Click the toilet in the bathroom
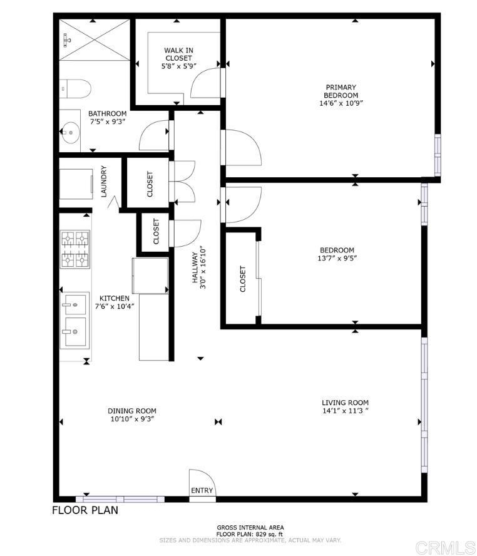tap(75, 89)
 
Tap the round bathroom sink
tap(71, 133)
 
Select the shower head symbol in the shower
tap(66, 40)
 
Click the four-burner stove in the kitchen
tap(74, 249)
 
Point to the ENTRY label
tap(202, 490)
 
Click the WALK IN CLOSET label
tap(178, 54)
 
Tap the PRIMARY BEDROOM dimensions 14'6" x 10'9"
tap(341, 103)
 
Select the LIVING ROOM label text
tap(345, 403)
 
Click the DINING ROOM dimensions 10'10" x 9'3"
tap(132, 419)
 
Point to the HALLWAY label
tap(195, 267)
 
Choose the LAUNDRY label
tap(104, 181)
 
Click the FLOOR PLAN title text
tap(85, 510)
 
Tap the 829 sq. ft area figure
tap(269, 534)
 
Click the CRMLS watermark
tap(446, 548)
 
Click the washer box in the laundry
tap(76, 184)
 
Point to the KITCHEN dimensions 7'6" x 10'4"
tap(115, 306)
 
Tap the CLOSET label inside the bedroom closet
tap(243, 279)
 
